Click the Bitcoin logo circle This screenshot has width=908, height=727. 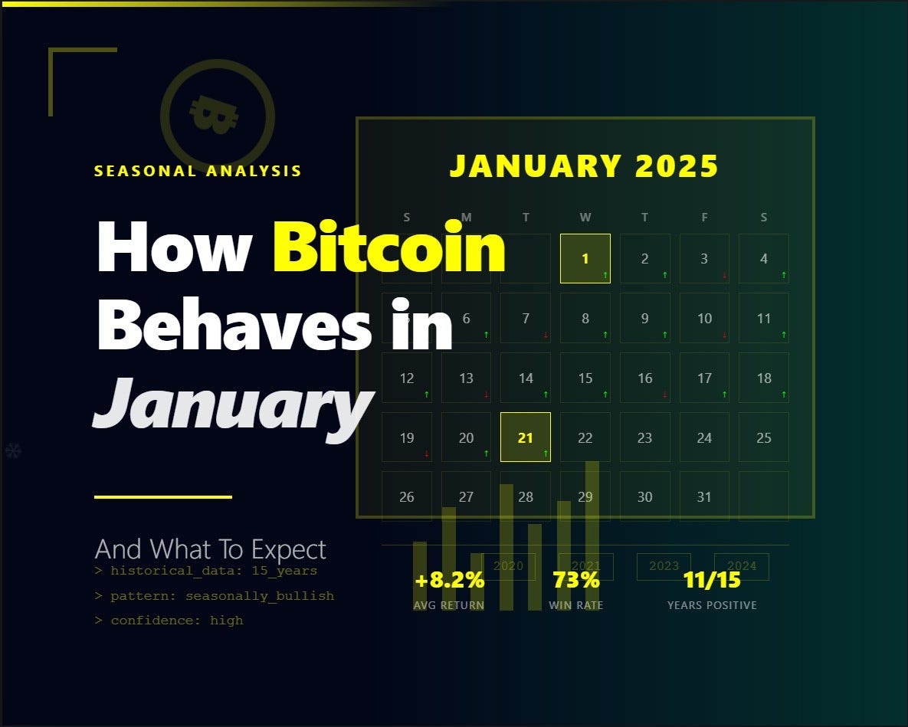click(x=217, y=116)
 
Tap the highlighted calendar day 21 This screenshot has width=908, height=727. click(x=525, y=437)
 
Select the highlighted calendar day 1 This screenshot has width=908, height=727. click(x=585, y=258)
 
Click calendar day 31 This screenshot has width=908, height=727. click(x=704, y=496)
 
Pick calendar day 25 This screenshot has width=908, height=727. click(x=763, y=437)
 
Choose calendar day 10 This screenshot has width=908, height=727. click(x=704, y=318)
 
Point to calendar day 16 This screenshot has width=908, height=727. click(x=644, y=378)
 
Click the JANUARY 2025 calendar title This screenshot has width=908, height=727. click(x=584, y=166)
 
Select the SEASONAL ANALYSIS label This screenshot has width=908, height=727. click(x=198, y=171)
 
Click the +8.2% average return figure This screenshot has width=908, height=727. click(x=449, y=580)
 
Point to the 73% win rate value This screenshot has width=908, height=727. click(x=576, y=580)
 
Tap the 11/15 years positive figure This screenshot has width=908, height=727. click(x=712, y=580)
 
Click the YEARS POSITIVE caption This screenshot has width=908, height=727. click(x=712, y=605)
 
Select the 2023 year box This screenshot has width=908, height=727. click(x=664, y=566)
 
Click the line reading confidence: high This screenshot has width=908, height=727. click(x=169, y=621)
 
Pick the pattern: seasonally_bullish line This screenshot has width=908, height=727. click(x=215, y=596)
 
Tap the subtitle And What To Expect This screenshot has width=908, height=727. click(x=210, y=549)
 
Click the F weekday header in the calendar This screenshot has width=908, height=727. click(x=704, y=218)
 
